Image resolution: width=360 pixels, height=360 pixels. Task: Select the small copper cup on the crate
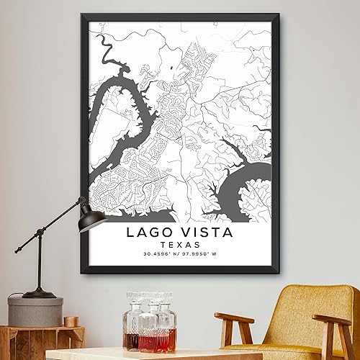pos(71,321)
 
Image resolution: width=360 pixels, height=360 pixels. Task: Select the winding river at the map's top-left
pos(108,48)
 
